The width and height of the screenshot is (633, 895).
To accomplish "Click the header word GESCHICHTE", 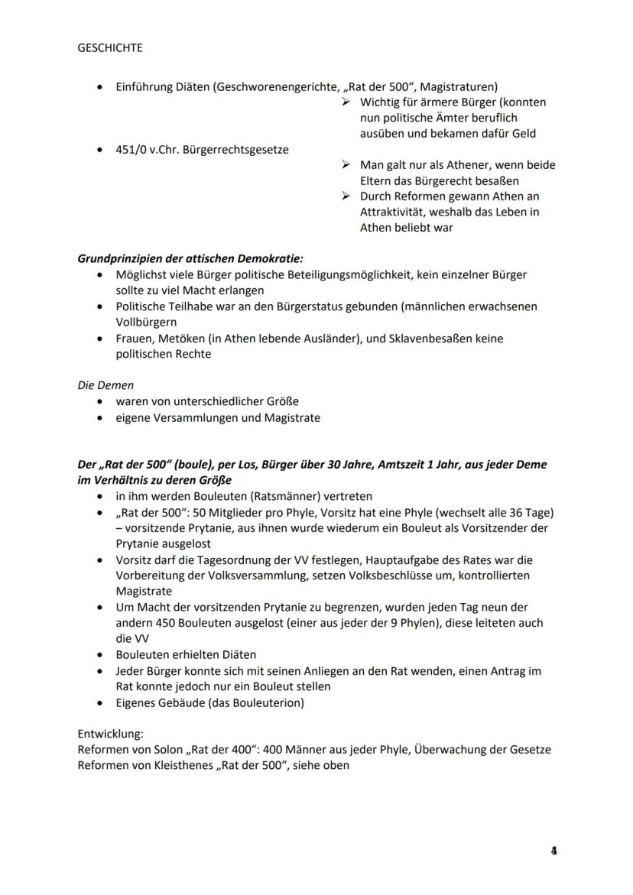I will click(110, 47).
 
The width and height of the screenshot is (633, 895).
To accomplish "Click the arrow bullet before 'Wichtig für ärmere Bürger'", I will click(346, 102).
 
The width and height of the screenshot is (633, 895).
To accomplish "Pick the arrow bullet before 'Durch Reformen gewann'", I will click(346, 196).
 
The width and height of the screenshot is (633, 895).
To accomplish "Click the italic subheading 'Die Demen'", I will click(105, 385).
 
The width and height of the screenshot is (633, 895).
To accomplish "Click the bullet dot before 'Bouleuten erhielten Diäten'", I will click(101, 654).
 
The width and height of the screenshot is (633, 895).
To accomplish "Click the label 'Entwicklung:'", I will click(110, 734).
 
